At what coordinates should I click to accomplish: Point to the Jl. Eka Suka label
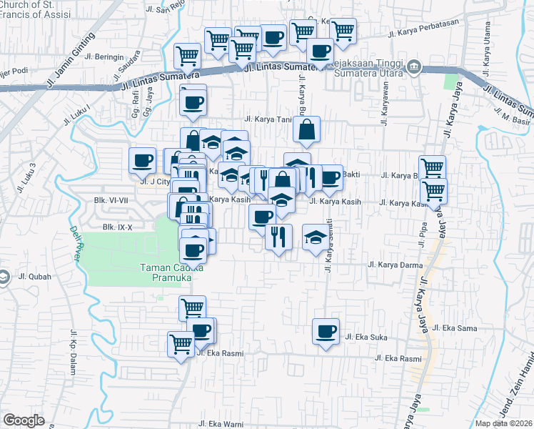[x=366, y=336]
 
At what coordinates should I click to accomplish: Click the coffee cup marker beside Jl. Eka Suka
[x=326, y=331]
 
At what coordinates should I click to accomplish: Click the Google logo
[x=24, y=420]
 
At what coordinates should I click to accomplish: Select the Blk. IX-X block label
[x=118, y=227]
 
